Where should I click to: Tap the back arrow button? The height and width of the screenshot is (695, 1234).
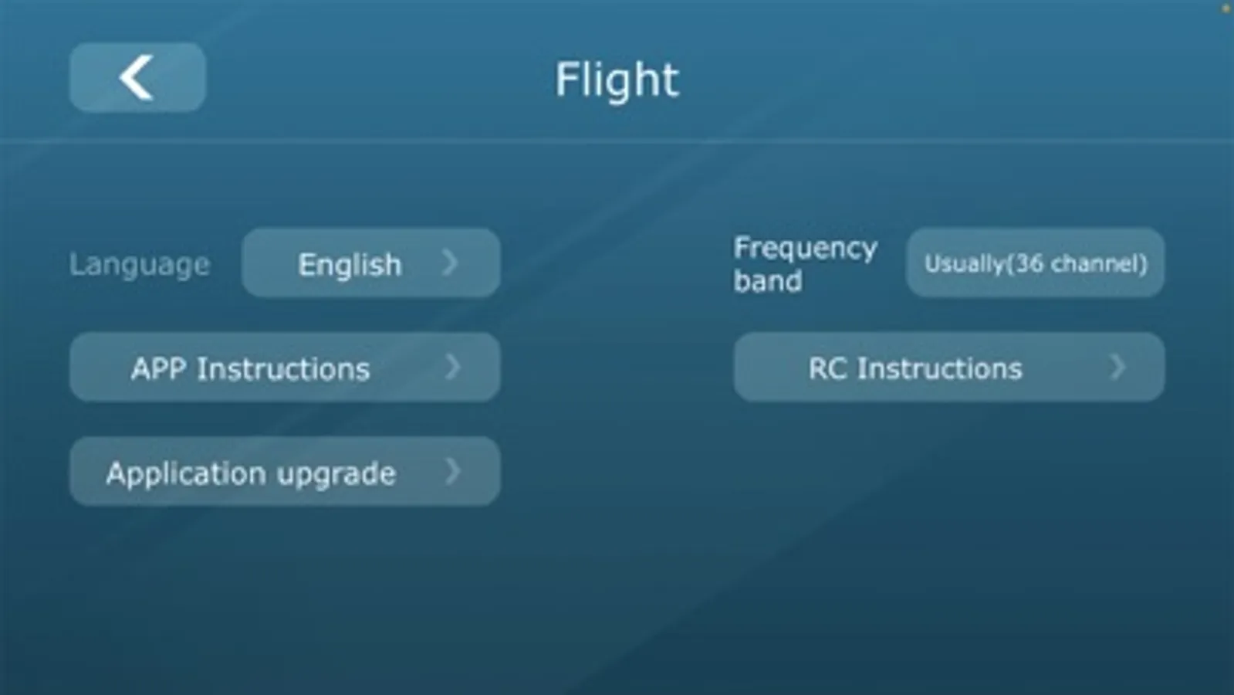(x=137, y=78)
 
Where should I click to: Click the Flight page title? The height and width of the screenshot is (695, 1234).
(x=617, y=80)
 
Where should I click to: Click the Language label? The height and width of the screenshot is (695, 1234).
(x=140, y=265)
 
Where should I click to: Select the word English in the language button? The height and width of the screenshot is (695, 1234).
(x=350, y=265)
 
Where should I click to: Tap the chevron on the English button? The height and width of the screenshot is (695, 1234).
(x=450, y=263)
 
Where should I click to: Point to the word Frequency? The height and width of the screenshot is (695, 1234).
(x=806, y=249)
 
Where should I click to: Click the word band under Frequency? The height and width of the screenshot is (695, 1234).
(x=768, y=282)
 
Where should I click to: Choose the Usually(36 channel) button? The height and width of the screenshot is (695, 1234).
(x=1036, y=263)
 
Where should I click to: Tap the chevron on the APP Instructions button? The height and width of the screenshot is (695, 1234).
(x=452, y=367)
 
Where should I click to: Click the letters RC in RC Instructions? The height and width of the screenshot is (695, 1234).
(x=828, y=368)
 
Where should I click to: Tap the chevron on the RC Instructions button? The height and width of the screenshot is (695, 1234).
(x=1117, y=367)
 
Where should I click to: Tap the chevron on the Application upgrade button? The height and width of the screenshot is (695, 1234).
(x=452, y=472)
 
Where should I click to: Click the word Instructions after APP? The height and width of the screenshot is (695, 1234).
(x=284, y=368)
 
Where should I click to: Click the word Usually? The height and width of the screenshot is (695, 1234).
(x=965, y=264)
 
